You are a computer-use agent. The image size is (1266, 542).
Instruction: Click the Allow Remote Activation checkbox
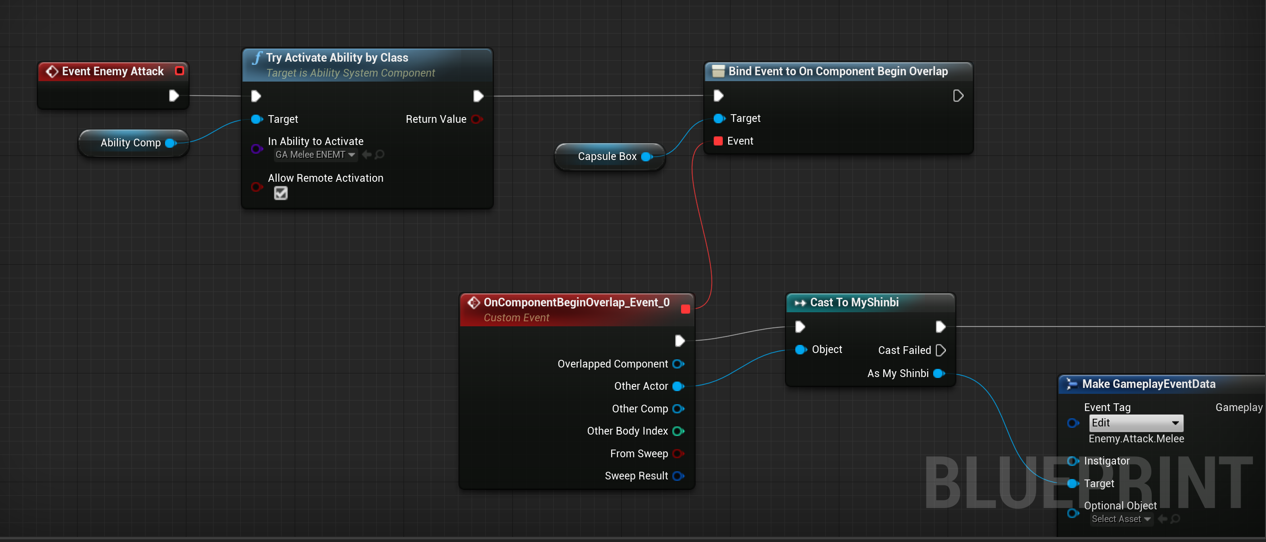click(x=281, y=193)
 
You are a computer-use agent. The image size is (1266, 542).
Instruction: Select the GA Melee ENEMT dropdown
click(x=315, y=155)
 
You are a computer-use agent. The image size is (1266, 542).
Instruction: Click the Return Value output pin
click(x=476, y=119)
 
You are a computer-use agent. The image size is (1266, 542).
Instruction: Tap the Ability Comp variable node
click(x=131, y=143)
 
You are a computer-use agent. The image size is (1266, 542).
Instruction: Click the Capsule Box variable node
click(x=607, y=156)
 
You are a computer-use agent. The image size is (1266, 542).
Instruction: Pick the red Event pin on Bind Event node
click(x=718, y=141)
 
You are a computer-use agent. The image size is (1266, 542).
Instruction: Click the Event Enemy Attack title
click(x=112, y=71)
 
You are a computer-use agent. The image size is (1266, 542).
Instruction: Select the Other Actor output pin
click(x=678, y=386)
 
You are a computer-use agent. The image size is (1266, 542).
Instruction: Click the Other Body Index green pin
click(x=678, y=431)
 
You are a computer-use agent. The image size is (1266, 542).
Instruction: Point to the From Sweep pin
click(x=678, y=454)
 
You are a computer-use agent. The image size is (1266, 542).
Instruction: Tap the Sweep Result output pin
click(x=678, y=476)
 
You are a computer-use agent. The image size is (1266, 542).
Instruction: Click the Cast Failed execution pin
click(x=940, y=350)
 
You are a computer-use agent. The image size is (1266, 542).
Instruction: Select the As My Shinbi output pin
click(x=939, y=373)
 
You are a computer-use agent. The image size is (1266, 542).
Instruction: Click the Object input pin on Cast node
click(x=801, y=349)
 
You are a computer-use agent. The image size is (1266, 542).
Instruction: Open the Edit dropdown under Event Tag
click(x=1136, y=423)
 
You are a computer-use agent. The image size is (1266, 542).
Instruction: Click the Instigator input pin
click(x=1072, y=461)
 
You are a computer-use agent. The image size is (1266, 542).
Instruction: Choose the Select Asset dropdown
click(x=1120, y=519)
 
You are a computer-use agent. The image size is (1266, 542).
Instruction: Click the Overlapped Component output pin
click(x=678, y=363)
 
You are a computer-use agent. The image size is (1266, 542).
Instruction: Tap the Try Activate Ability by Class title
click(x=337, y=58)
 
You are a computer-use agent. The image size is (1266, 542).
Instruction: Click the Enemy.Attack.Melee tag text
click(x=1136, y=438)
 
